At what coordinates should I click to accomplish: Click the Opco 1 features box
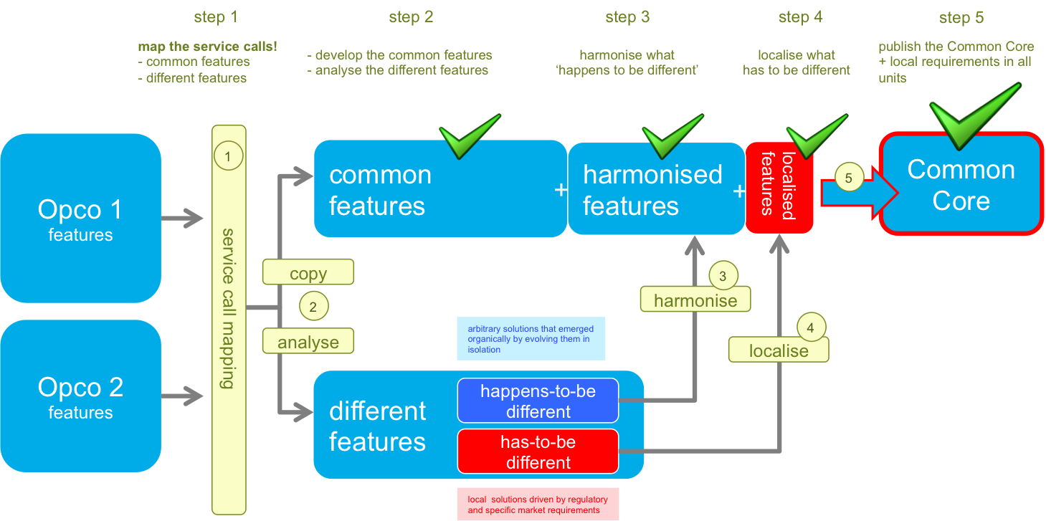click(x=80, y=218)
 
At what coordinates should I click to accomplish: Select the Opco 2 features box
click(x=80, y=396)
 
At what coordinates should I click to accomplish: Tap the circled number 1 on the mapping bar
click(x=228, y=156)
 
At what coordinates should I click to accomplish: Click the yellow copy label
click(x=308, y=272)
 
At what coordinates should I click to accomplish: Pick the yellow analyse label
click(x=308, y=342)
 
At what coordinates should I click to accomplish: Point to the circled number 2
click(x=313, y=307)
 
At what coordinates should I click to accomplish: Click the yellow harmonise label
click(x=695, y=300)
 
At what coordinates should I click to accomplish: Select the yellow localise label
click(x=779, y=350)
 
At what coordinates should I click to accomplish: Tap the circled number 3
click(x=722, y=275)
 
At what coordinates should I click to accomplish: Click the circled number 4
click(x=811, y=328)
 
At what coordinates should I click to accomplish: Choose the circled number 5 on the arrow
click(x=849, y=178)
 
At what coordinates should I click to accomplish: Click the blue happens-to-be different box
click(x=538, y=401)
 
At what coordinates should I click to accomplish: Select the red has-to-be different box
click(x=538, y=451)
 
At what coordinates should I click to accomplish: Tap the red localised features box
click(x=779, y=187)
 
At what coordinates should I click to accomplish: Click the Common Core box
click(x=961, y=184)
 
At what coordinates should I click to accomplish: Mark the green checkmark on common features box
click(x=469, y=135)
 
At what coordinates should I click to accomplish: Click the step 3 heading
click(x=627, y=17)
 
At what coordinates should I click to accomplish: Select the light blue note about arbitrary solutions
click(x=531, y=338)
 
